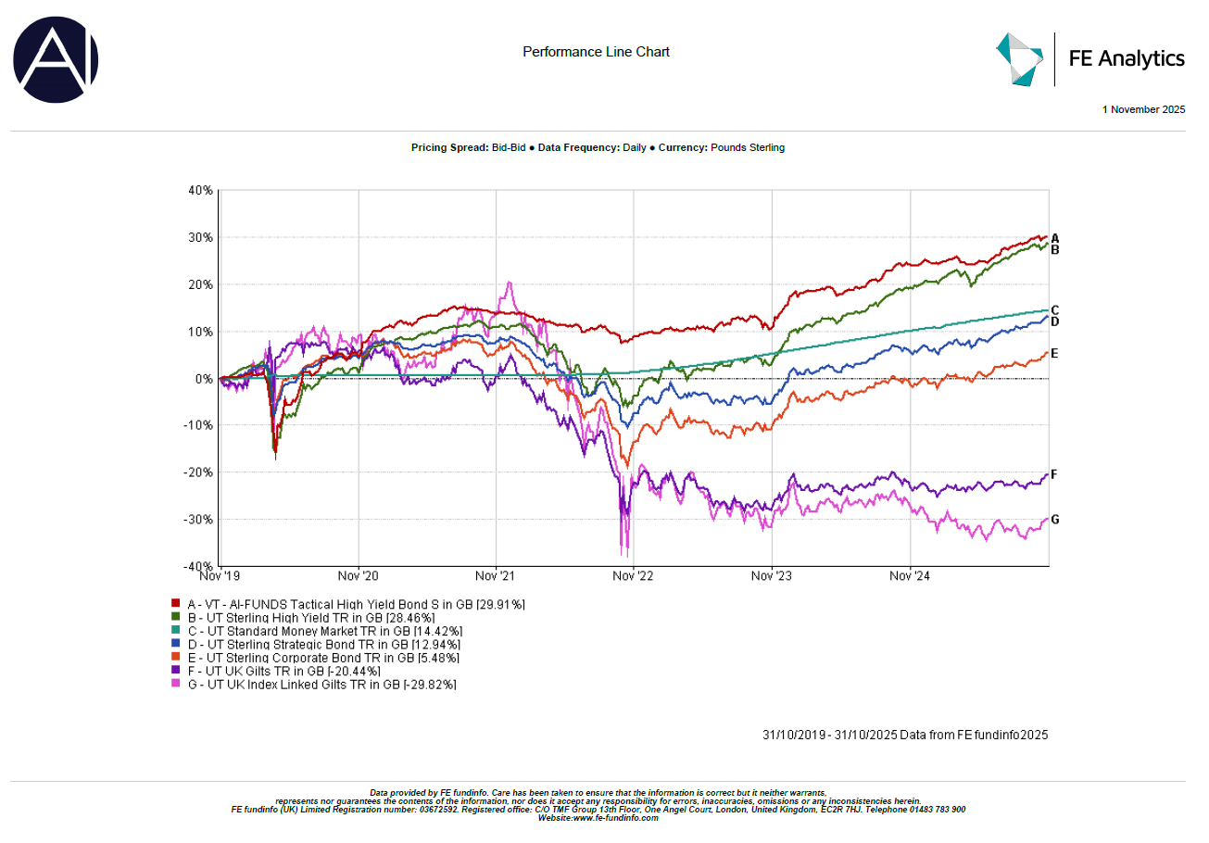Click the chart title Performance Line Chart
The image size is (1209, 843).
(596, 52)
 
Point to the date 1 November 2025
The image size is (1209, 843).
(1143, 109)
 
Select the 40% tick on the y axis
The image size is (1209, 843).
(200, 190)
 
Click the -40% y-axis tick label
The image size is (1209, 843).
(198, 566)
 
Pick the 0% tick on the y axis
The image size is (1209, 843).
(204, 378)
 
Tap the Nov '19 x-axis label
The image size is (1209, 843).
(221, 575)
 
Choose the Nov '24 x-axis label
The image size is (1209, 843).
(910, 575)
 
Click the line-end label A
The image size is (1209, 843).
(1054, 238)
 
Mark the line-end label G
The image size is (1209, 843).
(1054, 520)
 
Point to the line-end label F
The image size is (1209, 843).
(1054, 474)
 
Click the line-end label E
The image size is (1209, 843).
(1054, 353)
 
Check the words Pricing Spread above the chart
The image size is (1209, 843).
(447, 148)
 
